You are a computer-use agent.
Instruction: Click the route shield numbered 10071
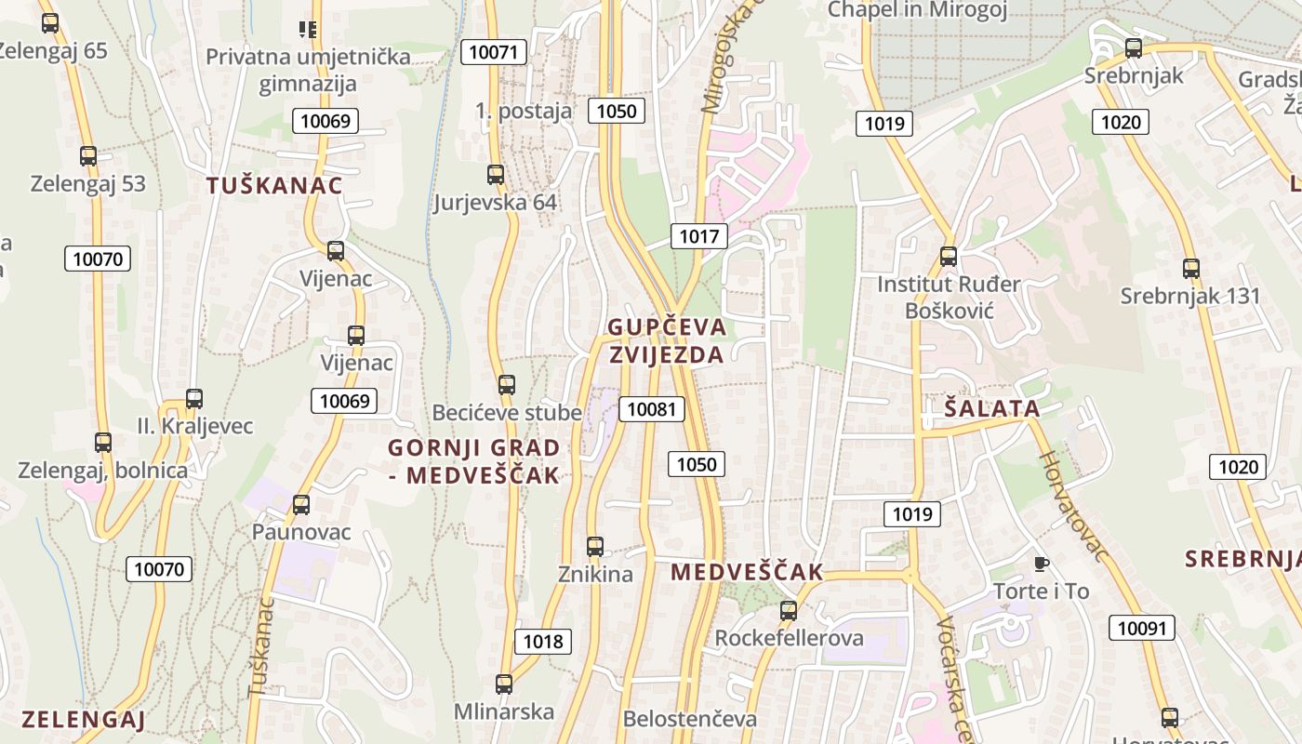[x=493, y=52]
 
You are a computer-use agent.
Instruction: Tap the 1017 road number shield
[x=698, y=236]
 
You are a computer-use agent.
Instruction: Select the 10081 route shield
[x=651, y=408]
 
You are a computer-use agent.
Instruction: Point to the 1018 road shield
[x=543, y=641]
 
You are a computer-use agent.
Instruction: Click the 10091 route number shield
[x=1141, y=628]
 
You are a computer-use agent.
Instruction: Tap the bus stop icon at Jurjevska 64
[x=496, y=174]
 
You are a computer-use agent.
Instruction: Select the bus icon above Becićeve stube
[x=507, y=384]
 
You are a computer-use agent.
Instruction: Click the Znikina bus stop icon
[x=595, y=547]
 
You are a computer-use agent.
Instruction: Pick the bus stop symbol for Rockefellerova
[x=789, y=611]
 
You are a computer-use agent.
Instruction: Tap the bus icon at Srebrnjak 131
[x=1191, y=269]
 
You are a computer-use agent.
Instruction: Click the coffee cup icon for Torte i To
[x=1041, y=564]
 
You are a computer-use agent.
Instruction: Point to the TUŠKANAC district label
[x=274, y=185]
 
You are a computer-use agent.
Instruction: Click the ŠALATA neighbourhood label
[x=991, y=408]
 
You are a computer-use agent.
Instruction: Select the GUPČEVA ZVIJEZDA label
[x=666, y=340]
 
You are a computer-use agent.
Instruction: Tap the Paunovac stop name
[x=301, y=532]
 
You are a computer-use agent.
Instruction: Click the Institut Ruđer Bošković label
[x=949, y=297]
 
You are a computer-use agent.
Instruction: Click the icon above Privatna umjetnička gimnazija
[x=308, y=30]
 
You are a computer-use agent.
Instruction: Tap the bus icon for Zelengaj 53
[x=88, y=156]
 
